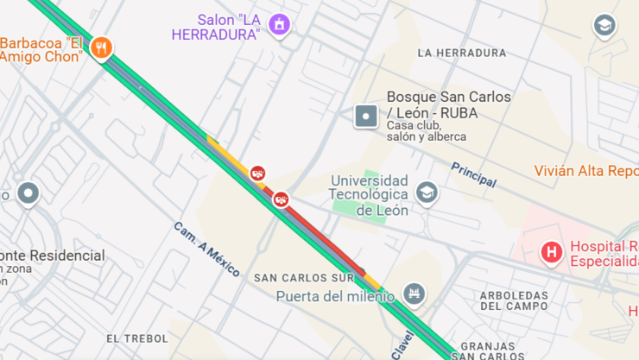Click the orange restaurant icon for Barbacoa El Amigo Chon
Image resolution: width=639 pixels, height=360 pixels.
click(x=101, y=48)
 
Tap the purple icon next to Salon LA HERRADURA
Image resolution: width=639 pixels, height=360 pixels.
click(x=279, y=25)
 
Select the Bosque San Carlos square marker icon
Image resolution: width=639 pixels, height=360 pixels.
click(x=366, y=116)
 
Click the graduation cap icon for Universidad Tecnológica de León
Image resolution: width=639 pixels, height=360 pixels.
click(x=427, y=193)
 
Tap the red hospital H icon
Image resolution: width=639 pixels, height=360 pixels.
click(x=550, y=252)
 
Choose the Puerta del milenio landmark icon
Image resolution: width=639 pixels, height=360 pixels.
click(x=414, y=295)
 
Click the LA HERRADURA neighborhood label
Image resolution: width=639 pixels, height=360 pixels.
click(x=461, y=53)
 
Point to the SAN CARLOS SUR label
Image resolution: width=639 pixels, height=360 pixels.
click(x=304, y=278)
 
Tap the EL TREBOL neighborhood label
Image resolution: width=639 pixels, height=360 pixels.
click(x=136, y=338)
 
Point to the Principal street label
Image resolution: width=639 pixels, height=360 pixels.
click(x=473, y=174)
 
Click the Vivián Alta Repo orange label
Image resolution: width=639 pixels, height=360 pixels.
click(x=585, y=171)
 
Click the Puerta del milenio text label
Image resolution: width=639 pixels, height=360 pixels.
click(x=335, y=296)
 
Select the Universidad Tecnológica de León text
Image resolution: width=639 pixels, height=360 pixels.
click(x=370, y=195)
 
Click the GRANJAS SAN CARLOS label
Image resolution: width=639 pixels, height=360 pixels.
click(x=488, y=351)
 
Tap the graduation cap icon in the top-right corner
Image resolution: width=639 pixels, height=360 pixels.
click(x=604, y=26)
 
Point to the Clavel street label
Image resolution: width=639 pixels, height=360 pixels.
click(x=402, y=344)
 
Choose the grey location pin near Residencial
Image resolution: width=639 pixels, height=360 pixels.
click(x=28, y=193)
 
